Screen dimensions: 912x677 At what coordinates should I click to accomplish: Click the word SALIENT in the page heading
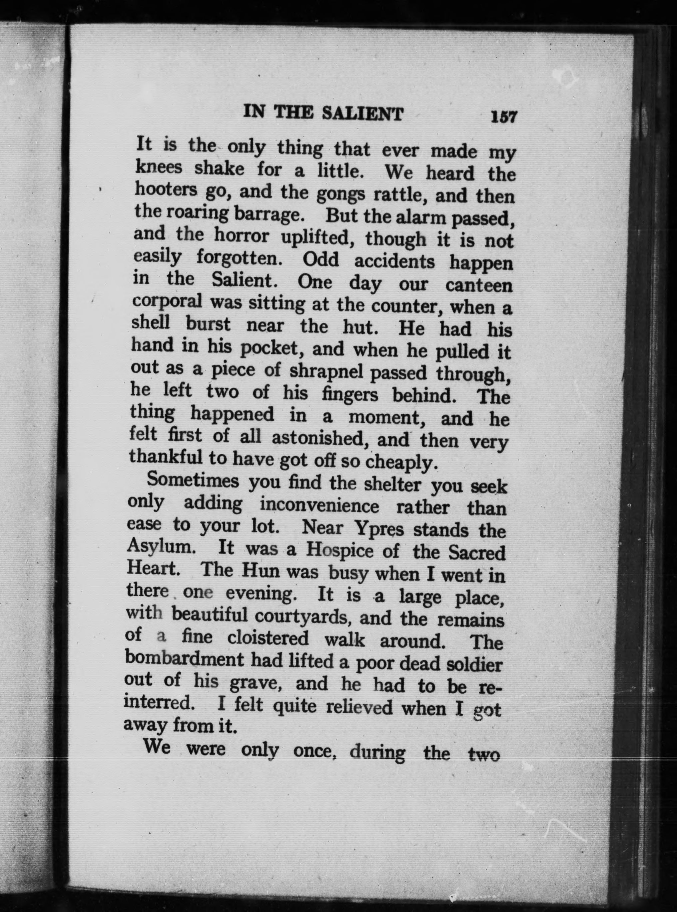tap(362, 114)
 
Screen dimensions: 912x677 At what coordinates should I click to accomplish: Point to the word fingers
tap(349, 394)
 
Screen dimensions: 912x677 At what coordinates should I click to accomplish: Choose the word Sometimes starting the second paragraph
tap(193, 480)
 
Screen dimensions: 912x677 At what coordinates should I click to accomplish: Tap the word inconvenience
tap(320, 506)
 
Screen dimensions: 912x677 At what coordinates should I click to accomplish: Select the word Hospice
tap(339, 550)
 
